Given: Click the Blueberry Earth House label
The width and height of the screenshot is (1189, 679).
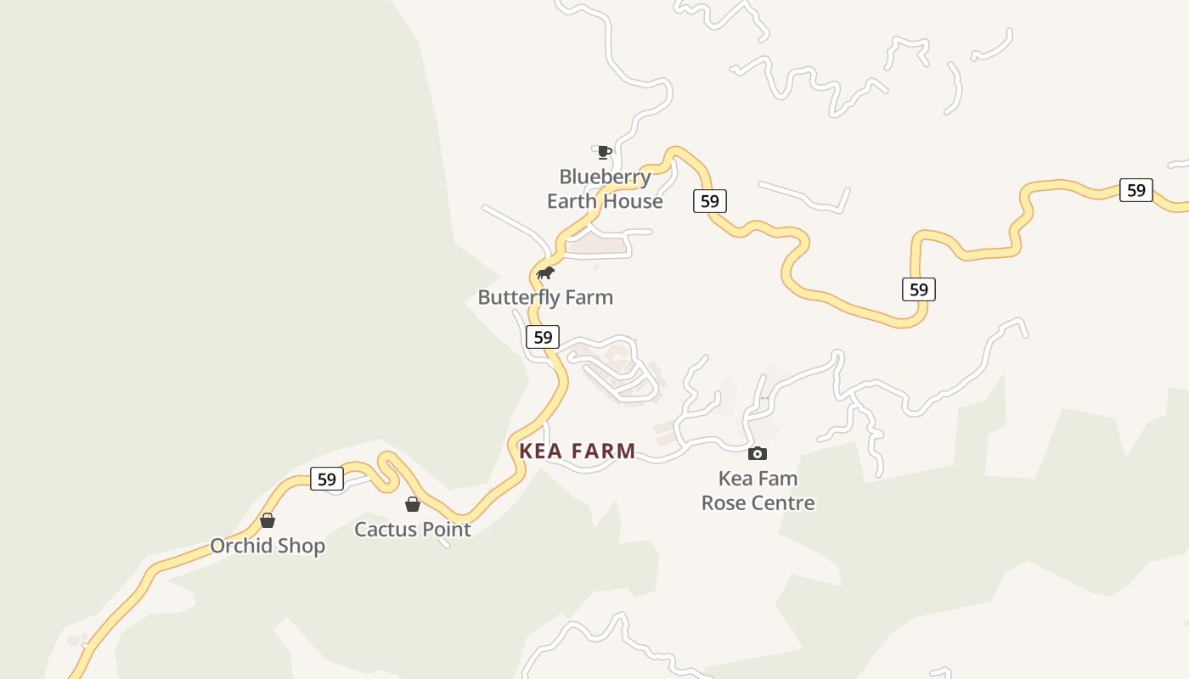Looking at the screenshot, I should pyautogui.click(x=605, y=189).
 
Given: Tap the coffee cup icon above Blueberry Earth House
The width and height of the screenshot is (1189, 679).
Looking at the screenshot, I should pyautogui.click(x=604, y=152).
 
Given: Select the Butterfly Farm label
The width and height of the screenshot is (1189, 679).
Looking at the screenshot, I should pyautogui.click(x=545, y=297).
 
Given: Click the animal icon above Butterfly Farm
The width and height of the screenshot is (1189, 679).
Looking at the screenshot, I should pyautogui.click(x=545, y=272).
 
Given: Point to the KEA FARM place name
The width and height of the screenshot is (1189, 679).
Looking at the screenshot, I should pyautogui.click(x=578, y=451).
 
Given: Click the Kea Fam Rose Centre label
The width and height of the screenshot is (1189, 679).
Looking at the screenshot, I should pyautogui.click(x=758, y=491).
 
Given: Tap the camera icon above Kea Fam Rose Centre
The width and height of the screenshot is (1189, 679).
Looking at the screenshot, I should pyautogui.click(x=758, y=454).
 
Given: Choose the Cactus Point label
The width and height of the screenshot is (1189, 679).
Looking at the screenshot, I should pyautogui.click(x=413, y=530).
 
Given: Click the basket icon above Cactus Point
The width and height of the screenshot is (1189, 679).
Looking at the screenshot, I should pyautogui.click(x=413, y=504).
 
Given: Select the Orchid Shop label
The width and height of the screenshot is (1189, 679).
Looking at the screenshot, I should pyautogui.click(x=268, y=546).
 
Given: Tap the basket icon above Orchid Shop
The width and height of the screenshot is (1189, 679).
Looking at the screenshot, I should pyautogui.click(x=268, y=520).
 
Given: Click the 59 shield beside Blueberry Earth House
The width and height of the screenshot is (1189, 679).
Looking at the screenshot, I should pyautogui.click(x=710, y=201).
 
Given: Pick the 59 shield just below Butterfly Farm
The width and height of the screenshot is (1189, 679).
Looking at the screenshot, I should pyautogui.click(x=543, y=337).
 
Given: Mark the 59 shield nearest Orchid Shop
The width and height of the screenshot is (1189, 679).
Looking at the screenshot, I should pyautogui.click(x=327, y=479).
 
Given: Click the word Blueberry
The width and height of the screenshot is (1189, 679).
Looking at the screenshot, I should pyautogui.click(x=605, y=177).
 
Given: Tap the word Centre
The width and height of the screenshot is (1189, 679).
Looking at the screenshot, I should pyautogui.click(x=783, y=502).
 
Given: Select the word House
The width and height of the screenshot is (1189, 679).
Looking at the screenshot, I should pyautogui.click(x=634, y=201).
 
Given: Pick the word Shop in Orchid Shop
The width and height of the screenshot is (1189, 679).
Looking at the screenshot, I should pyautogui.click(x=303, y=546).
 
